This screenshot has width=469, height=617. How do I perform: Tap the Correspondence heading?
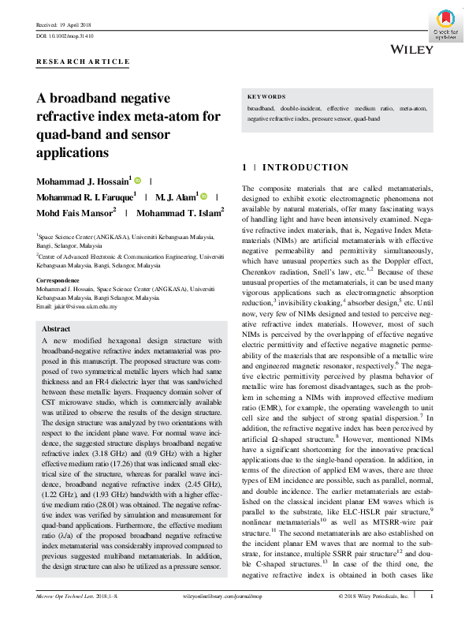click(58, 280)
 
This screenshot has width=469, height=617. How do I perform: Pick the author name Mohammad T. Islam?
click(178, 212)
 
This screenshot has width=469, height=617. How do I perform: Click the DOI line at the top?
click(65, 36)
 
